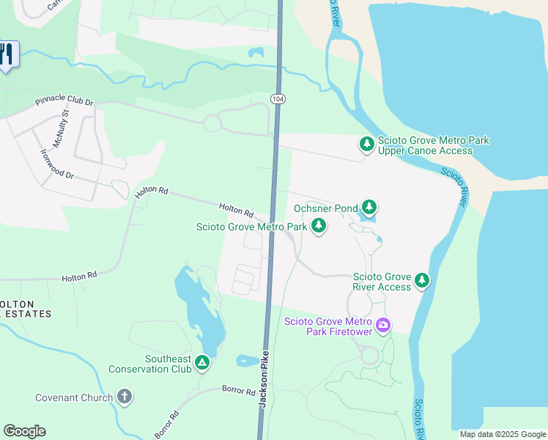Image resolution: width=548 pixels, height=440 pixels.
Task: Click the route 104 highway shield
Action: [x=276, y=98]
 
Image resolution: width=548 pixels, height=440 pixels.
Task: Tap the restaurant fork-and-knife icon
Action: [x=7, y=55]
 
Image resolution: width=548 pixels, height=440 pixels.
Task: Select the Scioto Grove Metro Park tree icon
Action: [x=319, y=227]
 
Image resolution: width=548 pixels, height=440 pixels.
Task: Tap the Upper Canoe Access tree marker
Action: [x=366, y=144]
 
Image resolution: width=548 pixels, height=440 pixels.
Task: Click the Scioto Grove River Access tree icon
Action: [x=421, y=280]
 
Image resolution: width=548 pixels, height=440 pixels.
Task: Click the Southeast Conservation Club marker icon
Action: [x=202, y=362]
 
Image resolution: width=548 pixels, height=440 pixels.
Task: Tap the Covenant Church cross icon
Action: [x=125, y=397]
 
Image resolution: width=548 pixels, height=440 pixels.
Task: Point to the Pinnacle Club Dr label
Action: [x=64, y=103]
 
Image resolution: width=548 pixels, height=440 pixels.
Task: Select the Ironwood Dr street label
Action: [x=57, y=164]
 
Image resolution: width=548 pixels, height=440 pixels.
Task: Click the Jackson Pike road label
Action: [x=264, y=384]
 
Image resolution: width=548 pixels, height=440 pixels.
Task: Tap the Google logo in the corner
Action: [x=24, y=431]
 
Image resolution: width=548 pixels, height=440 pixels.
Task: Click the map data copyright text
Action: [x=503, y=434]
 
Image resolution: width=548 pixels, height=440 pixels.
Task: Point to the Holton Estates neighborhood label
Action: [x=26, y=309]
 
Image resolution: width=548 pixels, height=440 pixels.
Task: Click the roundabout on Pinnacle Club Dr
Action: [x=212, y=123]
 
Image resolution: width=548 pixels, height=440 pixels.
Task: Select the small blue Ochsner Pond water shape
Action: [x=369, y=218]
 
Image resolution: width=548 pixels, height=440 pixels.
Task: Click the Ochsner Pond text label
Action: [x=326, y=208]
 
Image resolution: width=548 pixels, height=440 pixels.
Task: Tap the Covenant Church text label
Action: [x=74, y=398]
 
